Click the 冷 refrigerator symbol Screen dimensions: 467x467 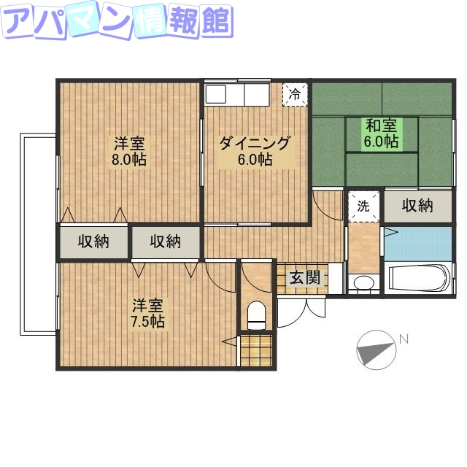coord(295,94)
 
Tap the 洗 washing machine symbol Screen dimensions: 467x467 coord(363,205)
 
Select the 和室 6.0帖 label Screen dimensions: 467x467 coord(382,133)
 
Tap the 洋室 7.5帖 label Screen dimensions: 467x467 coord(147,312)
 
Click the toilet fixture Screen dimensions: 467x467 coord(256,315)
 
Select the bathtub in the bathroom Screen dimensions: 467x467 coord(419,279)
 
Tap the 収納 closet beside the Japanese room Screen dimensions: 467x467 coord(417,206)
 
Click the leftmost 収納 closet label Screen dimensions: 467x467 coord(94,241)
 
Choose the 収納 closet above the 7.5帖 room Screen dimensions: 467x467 coord(166,241)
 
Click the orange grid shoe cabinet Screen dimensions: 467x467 coord(256,350)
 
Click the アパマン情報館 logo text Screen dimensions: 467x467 coord(117,22)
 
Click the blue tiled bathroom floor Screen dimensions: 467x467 coord(417,243)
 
